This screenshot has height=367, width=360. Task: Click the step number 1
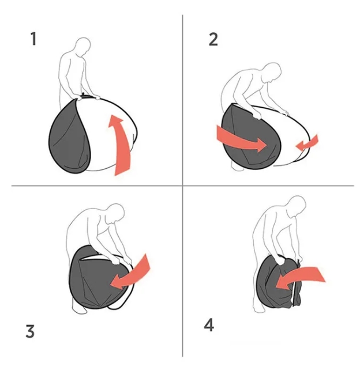(x=33, y=39)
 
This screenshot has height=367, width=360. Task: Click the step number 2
(x=213, y=39)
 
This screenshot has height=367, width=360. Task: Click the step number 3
(x=30, y=331)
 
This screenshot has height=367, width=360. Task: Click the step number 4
(x=209, y=325)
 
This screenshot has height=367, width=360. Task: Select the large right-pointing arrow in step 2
(x=241, y=139)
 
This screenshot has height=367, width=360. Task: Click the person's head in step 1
(x=83, y=46)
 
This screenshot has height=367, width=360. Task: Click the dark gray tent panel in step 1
(x=68, y=138)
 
